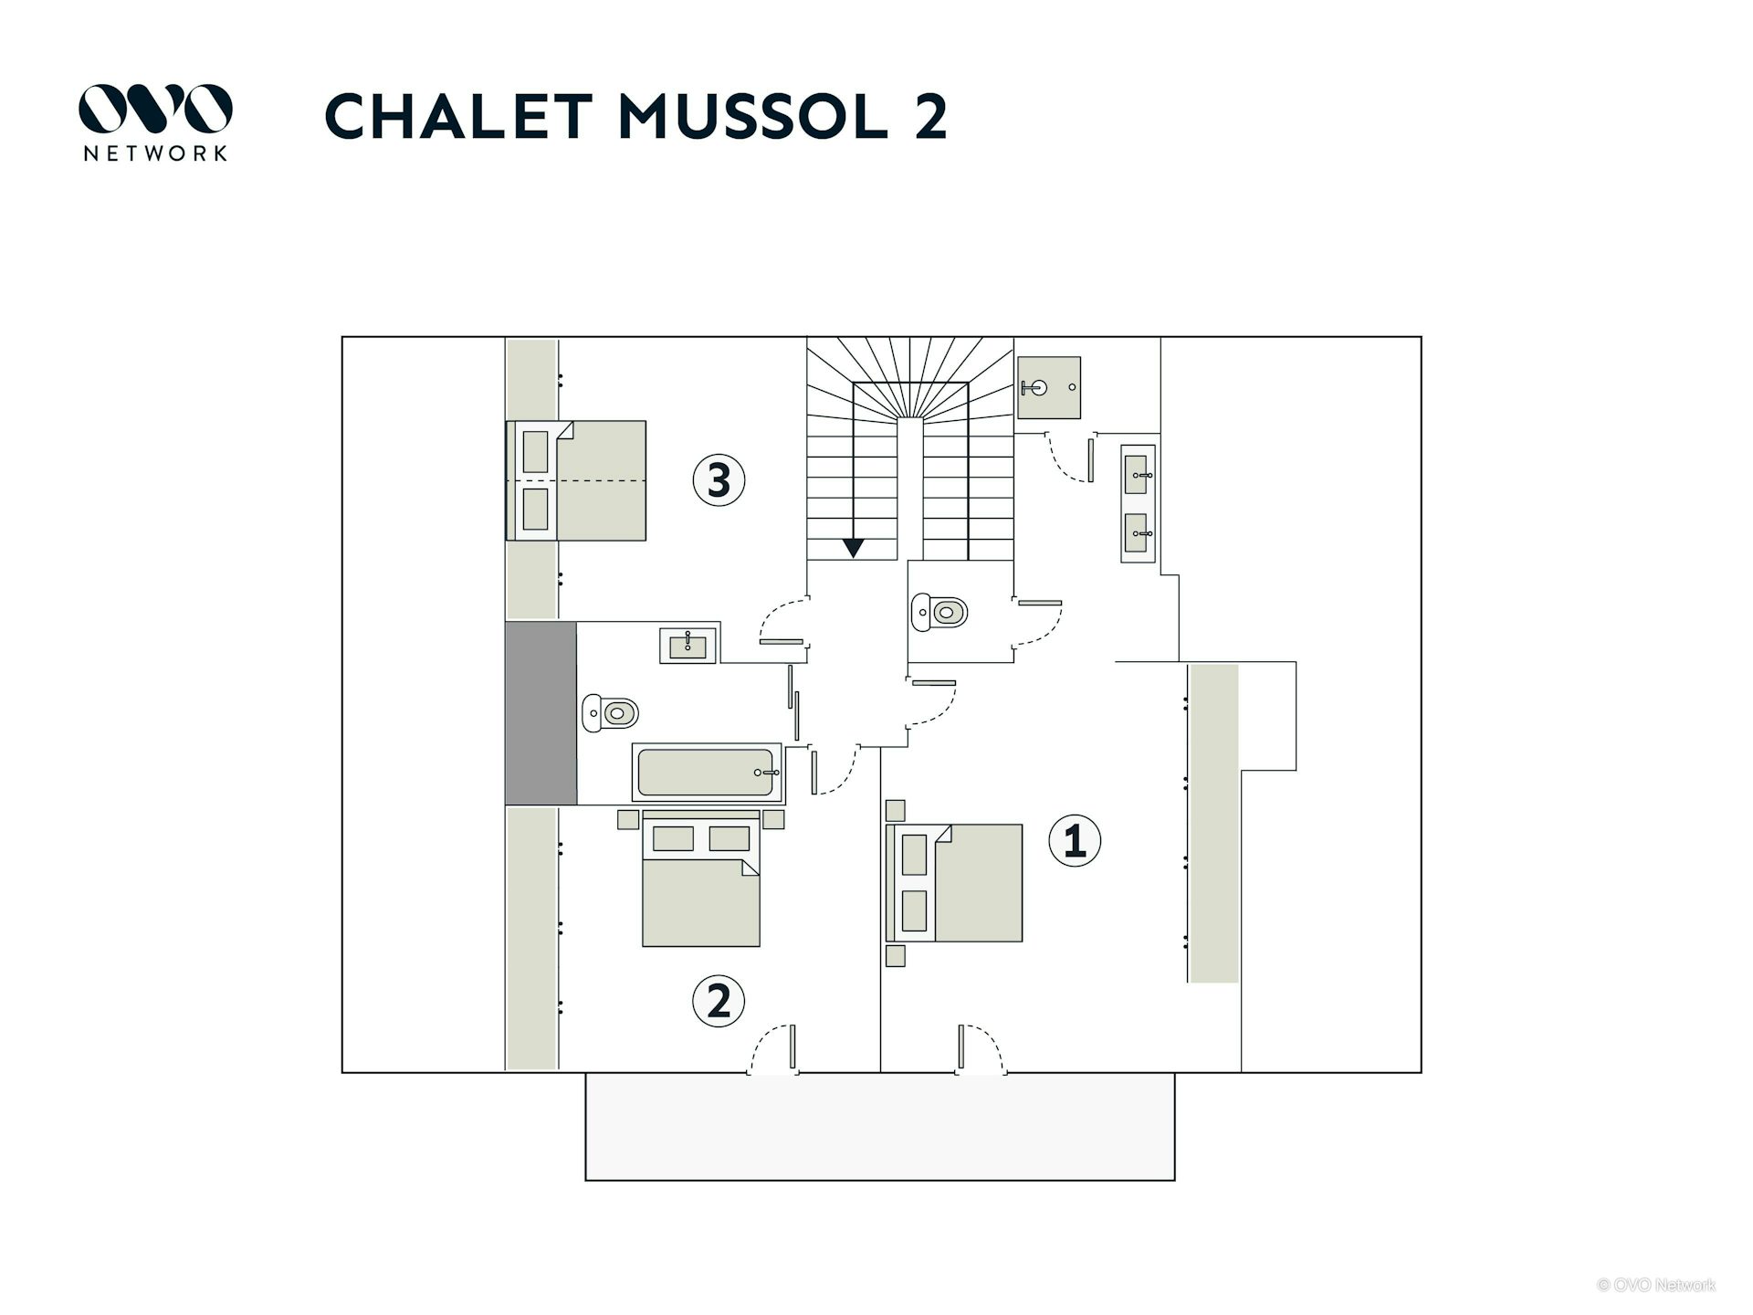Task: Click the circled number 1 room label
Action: pyautogui.click(x=1075, y=840)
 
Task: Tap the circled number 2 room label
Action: pyautogui.click(x=719, y=1002)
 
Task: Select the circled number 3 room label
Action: pyautogui.click(x=719, y=480)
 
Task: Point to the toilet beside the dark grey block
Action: pyautogui.click(x=610, y=712)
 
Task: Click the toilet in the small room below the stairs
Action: pyautogui.click(x=939, y=612)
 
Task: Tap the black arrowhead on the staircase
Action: pyautogui.click(x=853, y=548)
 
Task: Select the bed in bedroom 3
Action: pyautogui.click(x=577, y=480)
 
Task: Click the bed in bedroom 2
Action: pyautogui.click(x=701, y=878)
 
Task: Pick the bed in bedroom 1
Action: pyautogui.click(x=954, y=883)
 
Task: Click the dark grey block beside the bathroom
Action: pyautogui.click(x=541, y=713)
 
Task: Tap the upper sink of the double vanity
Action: pyautogui.click(x=1137, y=475)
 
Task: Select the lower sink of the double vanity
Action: pyautogui.click(x=1137, y=533)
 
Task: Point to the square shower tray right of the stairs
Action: pyautogui.click(x=1049, y=388)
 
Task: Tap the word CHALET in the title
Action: pyautogui.click(x=458, y=116)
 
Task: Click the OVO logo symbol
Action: pyautogui.click(x=155, y=109)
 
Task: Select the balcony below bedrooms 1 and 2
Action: pyautogui.click(x=880, y=1126)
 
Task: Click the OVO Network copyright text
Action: pyautogui.click(x=1655, y=1285)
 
